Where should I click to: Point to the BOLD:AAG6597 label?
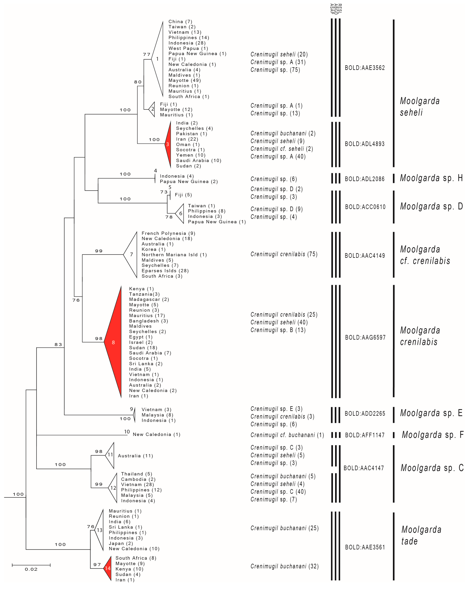(x=365, y=337)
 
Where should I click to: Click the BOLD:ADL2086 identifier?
(x=365, y=179)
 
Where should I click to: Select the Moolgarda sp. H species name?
(x=431, y=178)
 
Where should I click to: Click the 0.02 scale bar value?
(x=31, y=569)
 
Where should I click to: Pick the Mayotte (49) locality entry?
(x=185, y=81)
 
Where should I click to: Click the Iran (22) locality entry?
(x=187, y=139)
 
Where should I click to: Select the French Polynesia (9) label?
(x=168, y=233)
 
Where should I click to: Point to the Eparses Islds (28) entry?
(x=165, y=271)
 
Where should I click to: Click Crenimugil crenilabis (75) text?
(x=284, y=254)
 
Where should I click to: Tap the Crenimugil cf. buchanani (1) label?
(x=287, y=435)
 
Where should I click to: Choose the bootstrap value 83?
(x=58, y=345)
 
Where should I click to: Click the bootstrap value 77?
(x=147, y=55)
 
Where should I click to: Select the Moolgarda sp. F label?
(x=432, y=435)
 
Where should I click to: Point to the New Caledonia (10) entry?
(x=134, y=549)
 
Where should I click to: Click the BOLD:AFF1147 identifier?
(x=365, y=435)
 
